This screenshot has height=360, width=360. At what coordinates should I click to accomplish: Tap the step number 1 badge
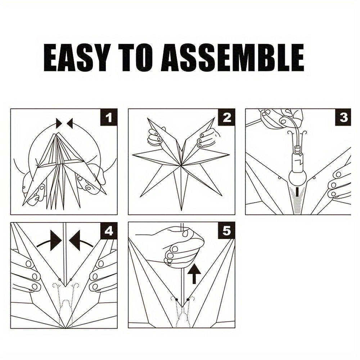tap(109, 117)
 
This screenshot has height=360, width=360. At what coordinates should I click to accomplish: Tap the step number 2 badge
tap(227, 117)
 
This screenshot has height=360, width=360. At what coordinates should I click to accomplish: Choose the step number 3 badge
tap(343, 117)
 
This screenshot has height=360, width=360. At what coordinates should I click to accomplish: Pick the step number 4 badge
tap(109, 231)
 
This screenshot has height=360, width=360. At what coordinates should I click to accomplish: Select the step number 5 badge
tap(227, 231)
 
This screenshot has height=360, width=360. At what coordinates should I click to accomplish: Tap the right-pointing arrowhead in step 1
tap(59, 123)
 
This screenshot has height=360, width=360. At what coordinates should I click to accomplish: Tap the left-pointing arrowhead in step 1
tap(69, 123)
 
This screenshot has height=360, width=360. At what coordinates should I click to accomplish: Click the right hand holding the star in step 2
tap(207, 138)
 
